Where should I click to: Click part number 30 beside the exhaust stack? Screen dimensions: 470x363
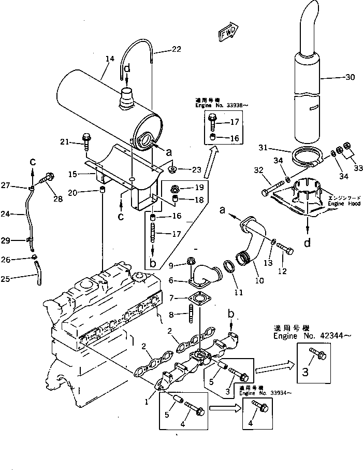(x=350, y=78)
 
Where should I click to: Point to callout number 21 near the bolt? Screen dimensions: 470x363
(x=64, y=141)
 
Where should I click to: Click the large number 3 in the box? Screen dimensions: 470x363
(x=306, y=371)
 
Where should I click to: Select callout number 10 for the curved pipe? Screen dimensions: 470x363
(x=259, y=281)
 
